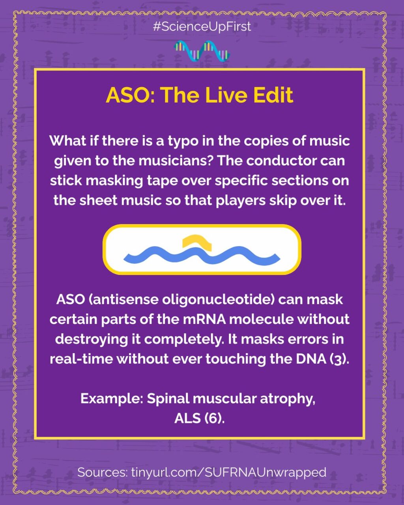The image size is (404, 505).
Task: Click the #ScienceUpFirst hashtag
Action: (202, 27)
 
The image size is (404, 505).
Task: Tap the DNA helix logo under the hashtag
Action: (202, 51)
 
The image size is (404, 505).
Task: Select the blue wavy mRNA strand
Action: (202, 255)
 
